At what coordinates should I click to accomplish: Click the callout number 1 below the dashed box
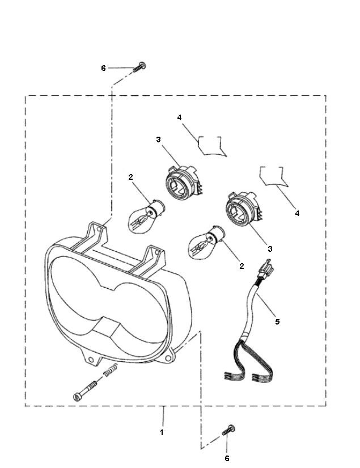click(x=163, y=432)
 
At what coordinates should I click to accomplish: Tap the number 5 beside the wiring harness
click(x=277, y=322)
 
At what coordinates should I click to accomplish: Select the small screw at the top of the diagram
click(x=140, y=68)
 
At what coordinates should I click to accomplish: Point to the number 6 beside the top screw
click(x=103, y=68)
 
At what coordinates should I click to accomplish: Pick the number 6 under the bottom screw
click(x=228, y=457)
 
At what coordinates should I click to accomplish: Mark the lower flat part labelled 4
click(x=274, y=176)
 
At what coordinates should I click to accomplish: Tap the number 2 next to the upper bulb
click(x=130, y=178)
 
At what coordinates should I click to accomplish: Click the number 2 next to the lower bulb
click(x=242, y=265)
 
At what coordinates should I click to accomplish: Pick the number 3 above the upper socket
click(x=159, y=138)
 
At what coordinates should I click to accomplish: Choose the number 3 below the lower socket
click(x=270, y=248)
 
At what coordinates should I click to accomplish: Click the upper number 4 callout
click(x=179, y=117)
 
